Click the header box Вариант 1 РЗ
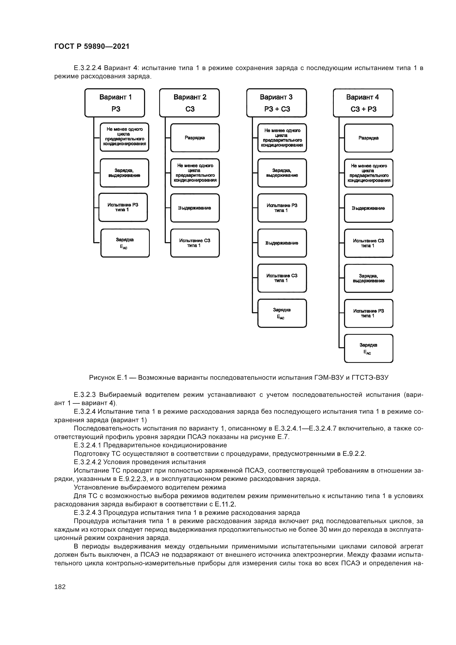tap(115, 103)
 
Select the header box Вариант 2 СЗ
tap(189, 103)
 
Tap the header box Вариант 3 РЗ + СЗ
tap(276, 103)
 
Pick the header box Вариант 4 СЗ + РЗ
tap(363, 103)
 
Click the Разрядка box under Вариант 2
tap(195, 138)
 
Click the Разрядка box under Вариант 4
tap(368, 138)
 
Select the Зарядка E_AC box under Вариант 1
tap(125, 243)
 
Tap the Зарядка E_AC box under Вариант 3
tap(282, 313)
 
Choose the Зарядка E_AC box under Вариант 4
tap(368, 348)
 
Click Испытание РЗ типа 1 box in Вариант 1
tap(123, 207)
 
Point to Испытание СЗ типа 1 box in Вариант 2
tap(195, 243)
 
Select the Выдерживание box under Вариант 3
tap(282, 243)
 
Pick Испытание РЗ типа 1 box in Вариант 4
tap(368, 313)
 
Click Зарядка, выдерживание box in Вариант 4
tap(368, 278)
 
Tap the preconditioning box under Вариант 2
tap(195, 173)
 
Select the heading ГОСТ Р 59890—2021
tap(92, 46)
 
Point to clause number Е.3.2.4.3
tap(87, 513)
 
